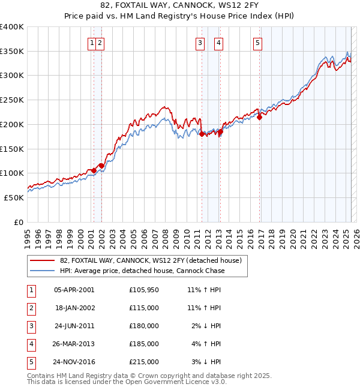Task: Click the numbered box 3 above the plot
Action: coord(199,43)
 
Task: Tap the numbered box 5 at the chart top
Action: coord(257,43)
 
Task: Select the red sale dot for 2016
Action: coord(260,118)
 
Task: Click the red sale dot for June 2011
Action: coord(202,134)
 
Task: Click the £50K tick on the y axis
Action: coord(14,197)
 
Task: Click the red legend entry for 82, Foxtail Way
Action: coord(150,260)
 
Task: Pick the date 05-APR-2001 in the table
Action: coord(74,289)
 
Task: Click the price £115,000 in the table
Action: coord(144,307)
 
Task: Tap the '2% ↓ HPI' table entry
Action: coord(206,326)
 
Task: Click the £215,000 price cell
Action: coord(144,362)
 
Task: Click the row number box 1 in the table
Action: coord(29,289)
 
